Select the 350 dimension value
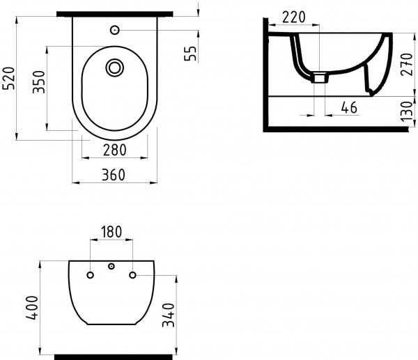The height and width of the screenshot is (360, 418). tap(39, 83)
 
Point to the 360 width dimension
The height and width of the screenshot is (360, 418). tap(114, 175)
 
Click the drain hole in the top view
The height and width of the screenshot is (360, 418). tap(115, 68)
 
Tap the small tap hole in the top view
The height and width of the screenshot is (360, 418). tap(115, 30)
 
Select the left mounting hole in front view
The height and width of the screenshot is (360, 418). tap(91, 275)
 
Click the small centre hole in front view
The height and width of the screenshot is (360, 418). tap(111, 267)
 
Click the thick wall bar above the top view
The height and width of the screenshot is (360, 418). tap(115, 14)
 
